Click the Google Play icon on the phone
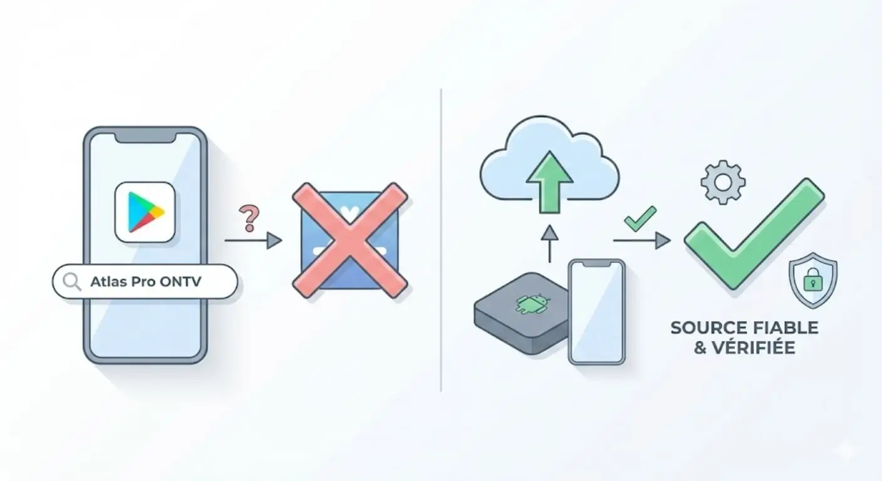145,212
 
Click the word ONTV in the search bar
181,282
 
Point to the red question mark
249,218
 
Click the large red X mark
350,240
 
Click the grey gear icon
723,182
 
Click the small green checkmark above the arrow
640,218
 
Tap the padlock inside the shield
813,282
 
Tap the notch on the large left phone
145,137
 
